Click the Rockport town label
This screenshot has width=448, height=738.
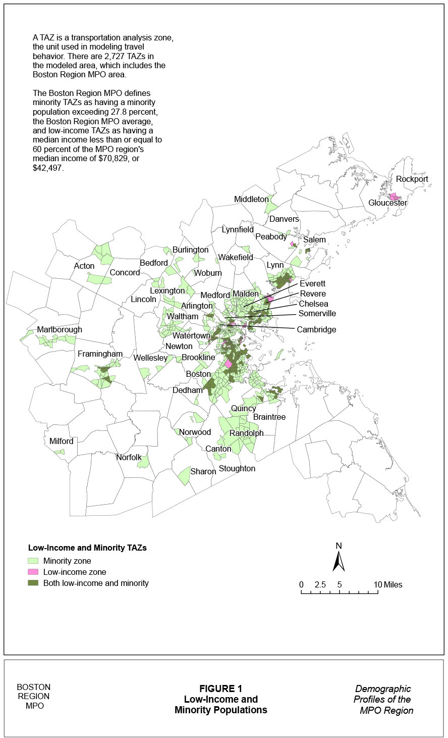tap(412, 179)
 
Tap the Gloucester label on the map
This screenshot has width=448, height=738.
tap(387, 203)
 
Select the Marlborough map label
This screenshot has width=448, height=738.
tap(59, 330)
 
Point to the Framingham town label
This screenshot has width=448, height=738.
tap(100, 354)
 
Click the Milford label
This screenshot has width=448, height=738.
tap(61, 441)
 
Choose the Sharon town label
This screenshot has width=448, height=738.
tap(203, 472)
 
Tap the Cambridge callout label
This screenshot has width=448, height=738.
tap(316, 330)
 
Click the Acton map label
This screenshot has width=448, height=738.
tap(84, 266)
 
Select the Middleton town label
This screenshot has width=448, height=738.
tap(251, 200)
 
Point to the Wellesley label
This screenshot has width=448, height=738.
tap(150, 358)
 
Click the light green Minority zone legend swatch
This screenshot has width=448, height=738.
tap(33, 561)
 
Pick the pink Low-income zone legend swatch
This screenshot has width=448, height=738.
tap(33, 572)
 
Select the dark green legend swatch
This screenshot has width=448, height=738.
tap(33, 583)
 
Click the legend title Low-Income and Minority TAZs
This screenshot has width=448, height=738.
tap(87, 548)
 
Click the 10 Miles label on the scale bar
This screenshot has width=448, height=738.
tap(388, 585)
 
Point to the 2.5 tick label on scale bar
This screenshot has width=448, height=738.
tap(320, 585)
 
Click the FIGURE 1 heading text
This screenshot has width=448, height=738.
tap(220, 688)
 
